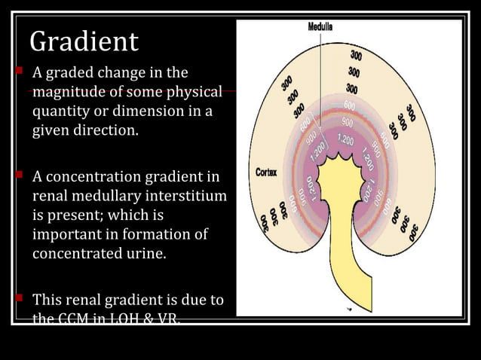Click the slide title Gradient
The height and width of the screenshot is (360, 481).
point(84,41)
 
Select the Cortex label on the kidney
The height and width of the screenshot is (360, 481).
point(265,172)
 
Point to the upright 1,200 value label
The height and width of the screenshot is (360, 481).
point(346,139)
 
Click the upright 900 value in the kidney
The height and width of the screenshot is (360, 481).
point(348,121)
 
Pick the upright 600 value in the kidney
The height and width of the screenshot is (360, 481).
point(351,104)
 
